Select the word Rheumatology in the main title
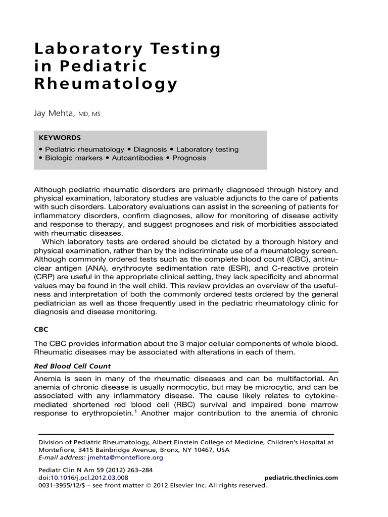106,83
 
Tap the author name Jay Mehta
54,114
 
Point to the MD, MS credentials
89,115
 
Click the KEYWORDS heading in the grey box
60,137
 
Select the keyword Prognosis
189,158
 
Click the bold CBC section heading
41,329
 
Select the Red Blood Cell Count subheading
72,366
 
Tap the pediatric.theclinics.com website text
301,478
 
